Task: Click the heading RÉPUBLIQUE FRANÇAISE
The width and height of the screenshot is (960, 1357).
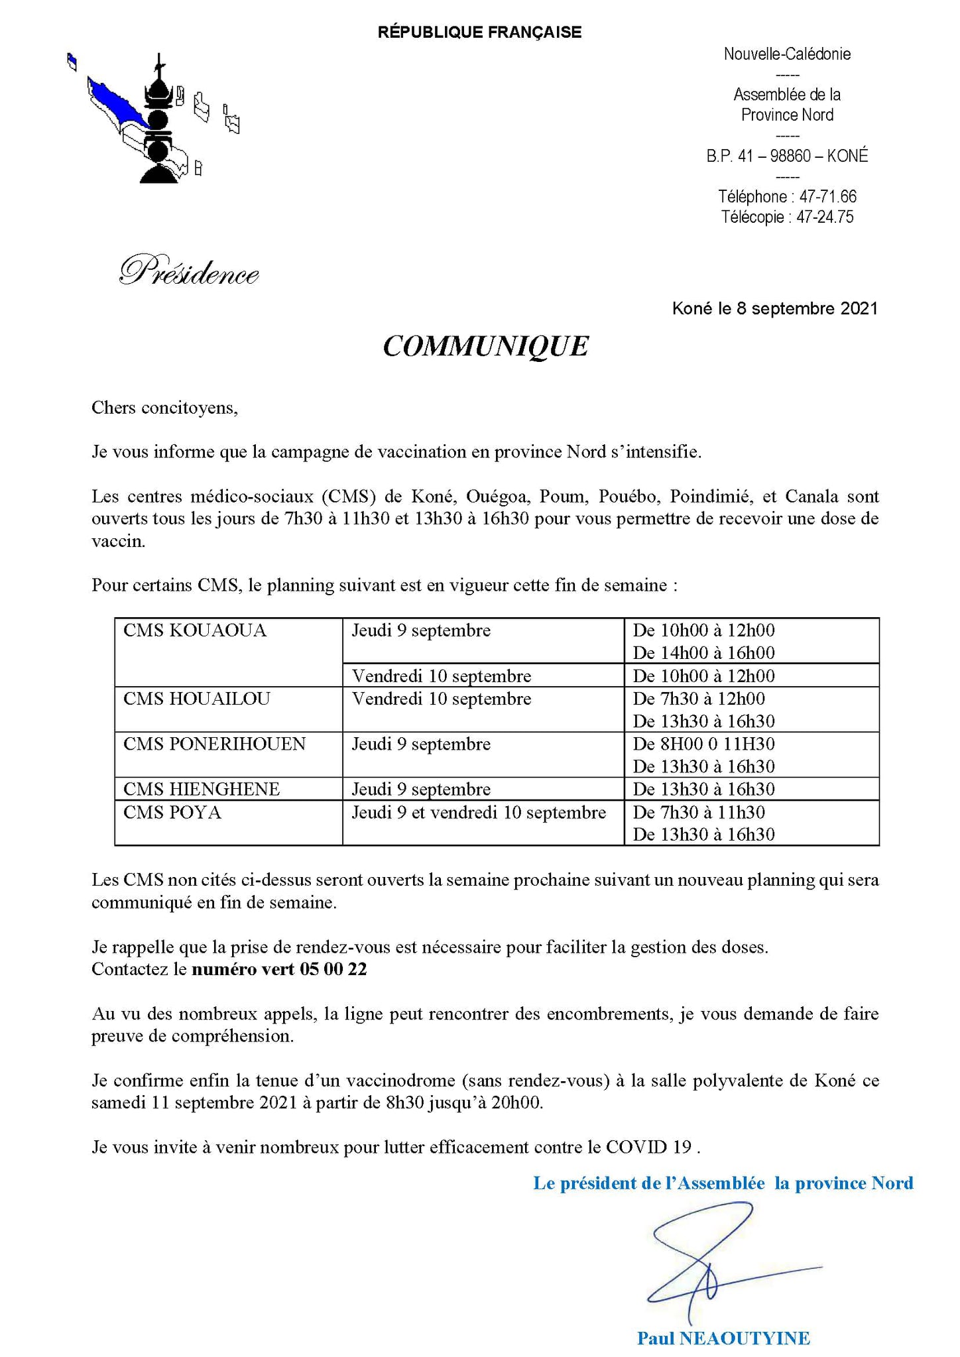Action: tap(479, 32)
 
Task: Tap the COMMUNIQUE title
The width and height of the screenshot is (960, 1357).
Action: tap(485, 346)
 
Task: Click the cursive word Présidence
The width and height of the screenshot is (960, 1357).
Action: tap(189, 272)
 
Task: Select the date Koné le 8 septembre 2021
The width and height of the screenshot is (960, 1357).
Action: tap(774, 308)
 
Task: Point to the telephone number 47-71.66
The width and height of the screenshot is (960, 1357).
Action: tap(827, 197)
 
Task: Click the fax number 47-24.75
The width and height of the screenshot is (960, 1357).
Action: tap(825, 217)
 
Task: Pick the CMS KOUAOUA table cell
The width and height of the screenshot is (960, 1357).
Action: tap(195, 630)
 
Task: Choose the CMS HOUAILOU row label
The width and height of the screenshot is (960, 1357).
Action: tap(197, 699)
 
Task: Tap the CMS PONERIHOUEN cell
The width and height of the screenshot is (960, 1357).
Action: tap(214, 744)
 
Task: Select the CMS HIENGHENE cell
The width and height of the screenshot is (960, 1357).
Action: tap(202, 789)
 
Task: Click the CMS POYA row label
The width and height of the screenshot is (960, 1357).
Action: tap(172, 812)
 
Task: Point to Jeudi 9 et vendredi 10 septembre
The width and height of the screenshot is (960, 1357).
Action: tap(479, 812)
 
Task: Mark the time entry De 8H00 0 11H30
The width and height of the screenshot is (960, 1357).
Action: tap(703, 744)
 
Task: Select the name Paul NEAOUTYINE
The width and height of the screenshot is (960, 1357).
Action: tap(723, 1338)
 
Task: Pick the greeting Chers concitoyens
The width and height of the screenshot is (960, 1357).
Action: tap(164, 407)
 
